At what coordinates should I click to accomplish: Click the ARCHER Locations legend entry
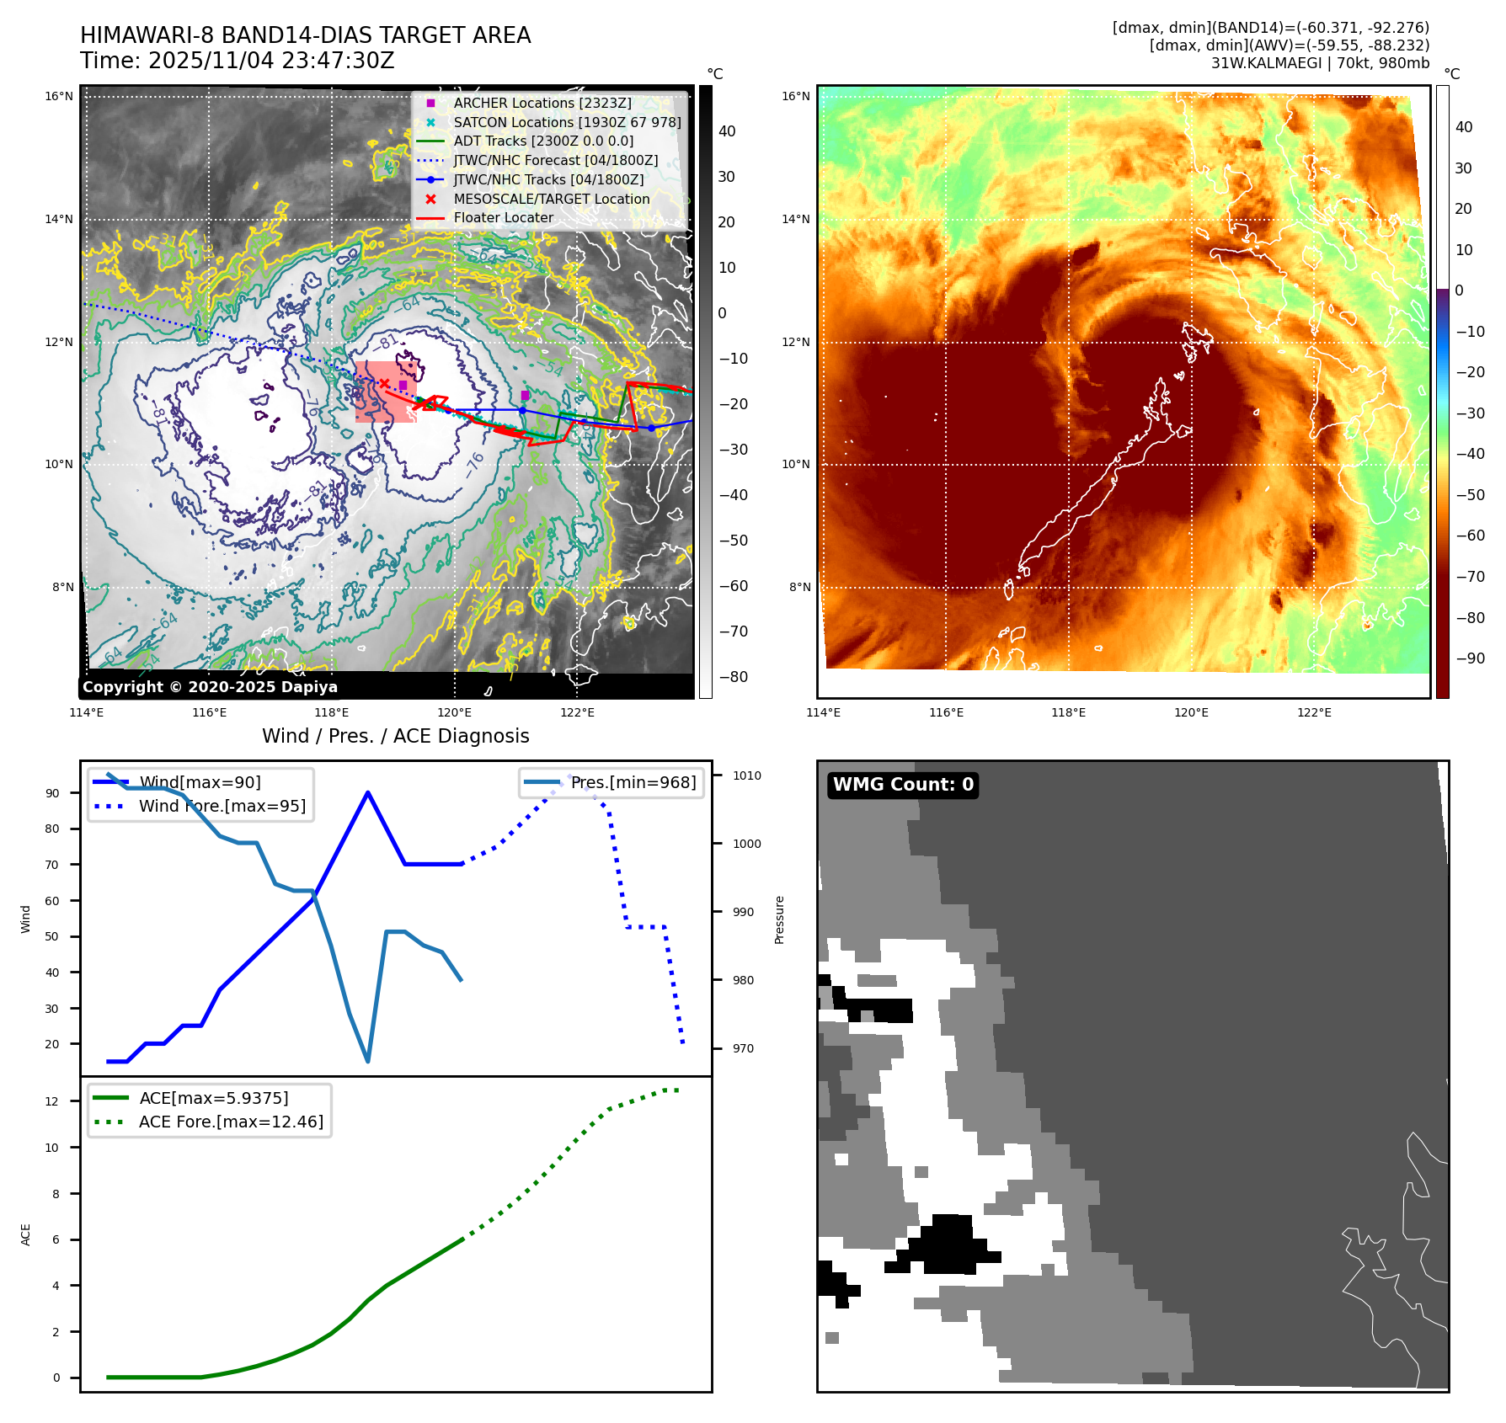point(542,103)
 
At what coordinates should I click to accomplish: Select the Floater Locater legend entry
point(503,218)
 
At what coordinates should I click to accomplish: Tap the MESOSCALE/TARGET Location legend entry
point(551,199)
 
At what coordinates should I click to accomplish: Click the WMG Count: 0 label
point(903,785)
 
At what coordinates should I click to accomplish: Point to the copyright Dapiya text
point(210,687)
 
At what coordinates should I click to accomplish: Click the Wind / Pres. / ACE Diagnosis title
point(395,736)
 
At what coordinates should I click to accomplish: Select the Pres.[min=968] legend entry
point(633,783)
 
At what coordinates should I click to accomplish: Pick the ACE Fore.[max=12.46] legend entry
point(231,1122)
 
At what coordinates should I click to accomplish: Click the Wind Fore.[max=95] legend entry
point(222,806)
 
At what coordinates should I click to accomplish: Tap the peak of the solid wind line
point(368,792)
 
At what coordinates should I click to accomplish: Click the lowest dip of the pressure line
point(368,1061)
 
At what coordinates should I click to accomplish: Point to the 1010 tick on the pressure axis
point(746,775)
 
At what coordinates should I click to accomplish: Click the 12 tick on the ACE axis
point(52,1101)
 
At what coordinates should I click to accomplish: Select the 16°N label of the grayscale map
point(59,97)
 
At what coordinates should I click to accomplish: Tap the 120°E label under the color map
point(1191,712)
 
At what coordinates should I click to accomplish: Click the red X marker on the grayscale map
point(384,383)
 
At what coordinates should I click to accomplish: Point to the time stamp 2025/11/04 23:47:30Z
point(270,61)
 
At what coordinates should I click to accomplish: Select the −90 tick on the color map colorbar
point(1471,658)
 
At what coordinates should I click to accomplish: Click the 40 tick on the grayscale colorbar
point(726,131)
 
